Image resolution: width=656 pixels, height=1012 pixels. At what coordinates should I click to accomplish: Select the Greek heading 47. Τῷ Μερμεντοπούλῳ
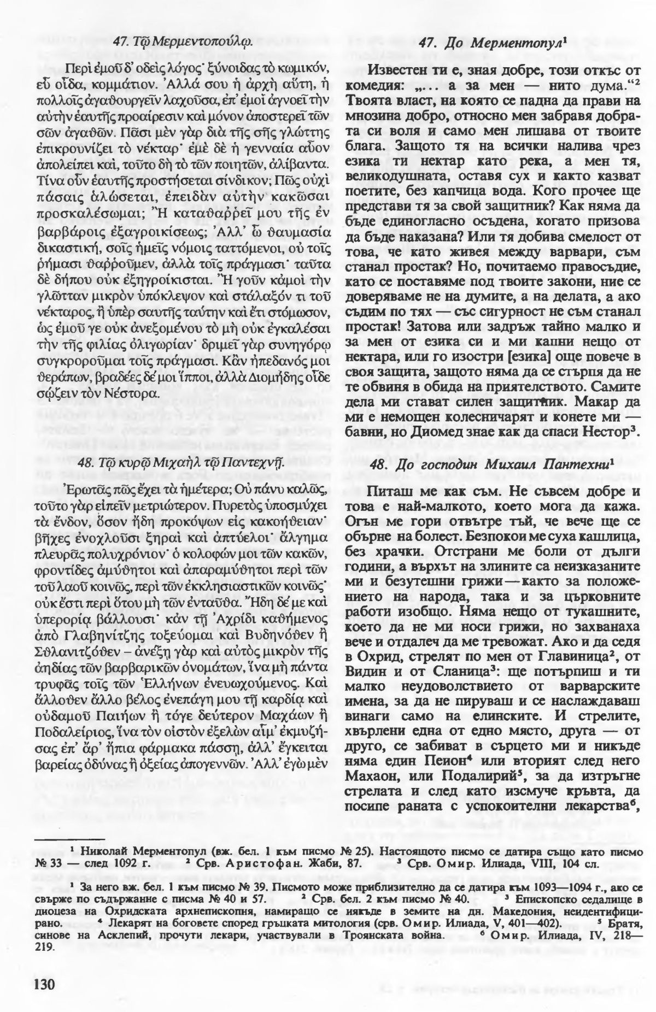coord(183,40)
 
